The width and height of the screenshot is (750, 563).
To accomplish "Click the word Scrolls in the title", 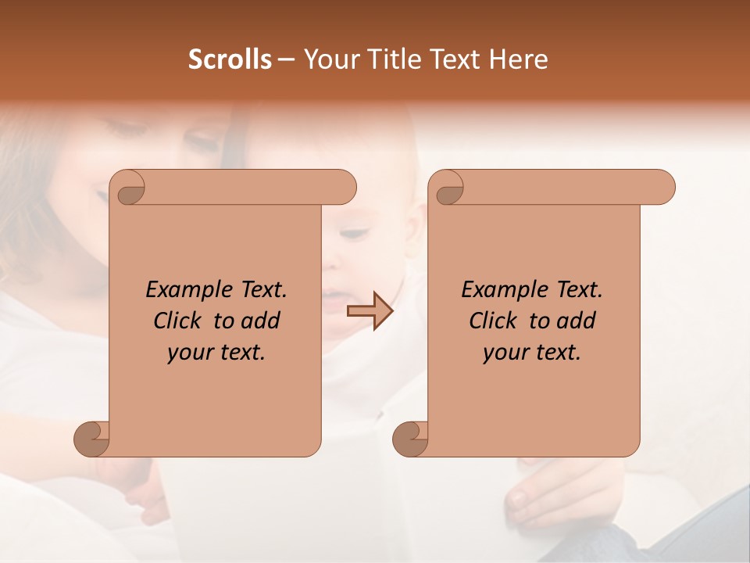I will point(230,59).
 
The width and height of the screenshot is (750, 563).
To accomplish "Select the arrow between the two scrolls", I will point(370,311).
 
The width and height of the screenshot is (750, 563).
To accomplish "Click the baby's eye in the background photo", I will point(353,232).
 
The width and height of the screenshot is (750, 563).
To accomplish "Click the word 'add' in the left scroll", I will point(261,321).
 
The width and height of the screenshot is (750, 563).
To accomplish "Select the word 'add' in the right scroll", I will point(577,321).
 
